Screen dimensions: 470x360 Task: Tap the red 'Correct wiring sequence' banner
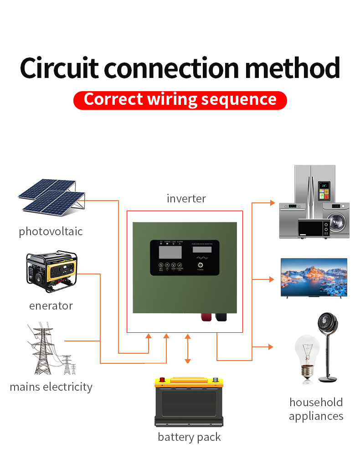point(180,100)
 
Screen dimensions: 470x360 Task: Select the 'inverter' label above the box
point(186,199)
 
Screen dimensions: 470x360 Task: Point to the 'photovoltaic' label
point(51,231)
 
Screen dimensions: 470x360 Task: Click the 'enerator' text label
point(51,305)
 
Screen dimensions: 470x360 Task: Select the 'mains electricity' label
point(51,387)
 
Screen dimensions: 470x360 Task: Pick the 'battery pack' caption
point(189,437)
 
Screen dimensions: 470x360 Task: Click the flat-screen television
point(314,278)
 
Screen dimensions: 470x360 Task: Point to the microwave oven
point(314,227)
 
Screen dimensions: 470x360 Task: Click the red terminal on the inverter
point(203,317)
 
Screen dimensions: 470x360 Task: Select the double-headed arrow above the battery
point(187,349)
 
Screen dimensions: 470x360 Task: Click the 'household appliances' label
point(316,409)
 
